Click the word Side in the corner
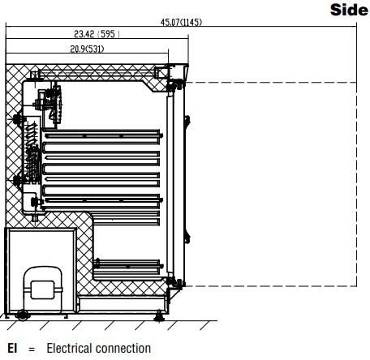click(349, 10)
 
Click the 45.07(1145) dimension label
click(181, 22)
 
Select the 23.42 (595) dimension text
click(97, 34)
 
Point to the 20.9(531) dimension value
click(87, 49)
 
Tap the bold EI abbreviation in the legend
click(12, 348)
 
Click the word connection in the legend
click(123, 348)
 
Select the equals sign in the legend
click(32, 349)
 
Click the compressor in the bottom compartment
click(43, 289)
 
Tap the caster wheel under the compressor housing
click(23, 315)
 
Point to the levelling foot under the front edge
click(159, 316)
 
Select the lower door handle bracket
click(187, 238)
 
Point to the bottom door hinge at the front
click(175, 283)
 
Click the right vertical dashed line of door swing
click(356, 184)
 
